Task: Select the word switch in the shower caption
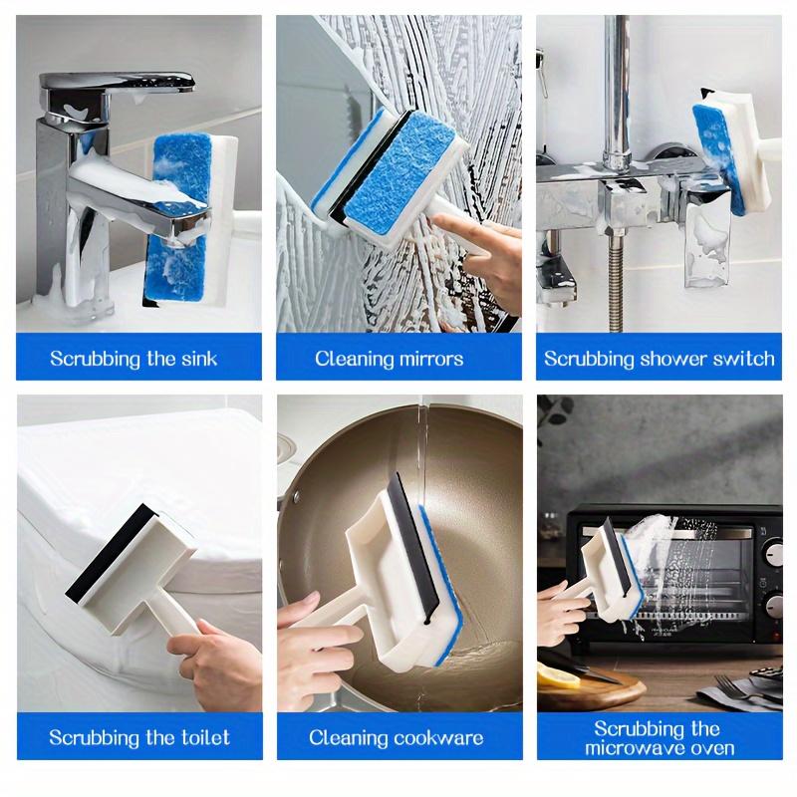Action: click(x=740, y=359)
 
